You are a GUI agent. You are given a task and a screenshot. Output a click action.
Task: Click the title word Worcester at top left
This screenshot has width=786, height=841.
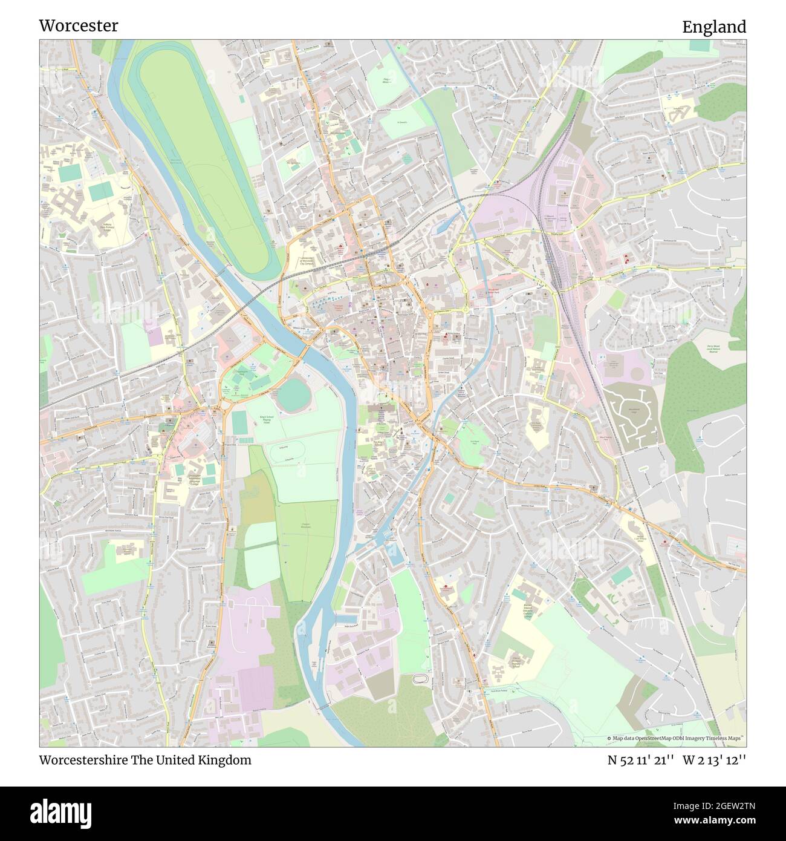click(x=79, y=25)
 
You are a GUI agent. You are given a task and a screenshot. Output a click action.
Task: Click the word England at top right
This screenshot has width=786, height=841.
click(x=714, y=27)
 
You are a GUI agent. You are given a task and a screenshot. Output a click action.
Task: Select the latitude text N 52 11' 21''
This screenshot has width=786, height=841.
click(x=641, y=760)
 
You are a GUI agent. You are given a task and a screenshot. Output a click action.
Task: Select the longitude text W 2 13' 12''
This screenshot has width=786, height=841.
click(x=715, y=760)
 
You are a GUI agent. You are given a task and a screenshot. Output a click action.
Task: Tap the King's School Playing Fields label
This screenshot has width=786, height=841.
click(x=265, y=419)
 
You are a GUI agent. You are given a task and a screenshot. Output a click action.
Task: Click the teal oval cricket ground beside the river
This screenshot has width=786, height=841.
click(x=293, y=394)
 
